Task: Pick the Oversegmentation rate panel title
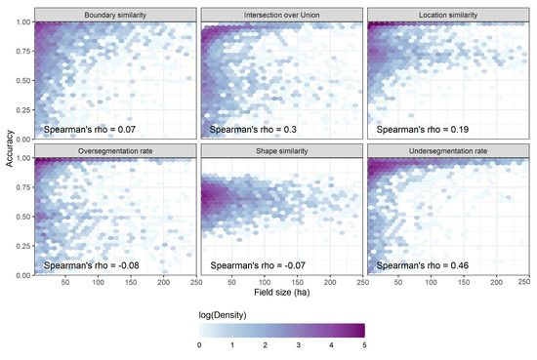pos(115,150)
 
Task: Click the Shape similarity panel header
pos(280,150)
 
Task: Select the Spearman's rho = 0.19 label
pos(424,129)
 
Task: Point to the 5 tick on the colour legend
pos(363,346)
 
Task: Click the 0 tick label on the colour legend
pos(199,346)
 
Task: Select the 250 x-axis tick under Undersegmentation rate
pos(526,284)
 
